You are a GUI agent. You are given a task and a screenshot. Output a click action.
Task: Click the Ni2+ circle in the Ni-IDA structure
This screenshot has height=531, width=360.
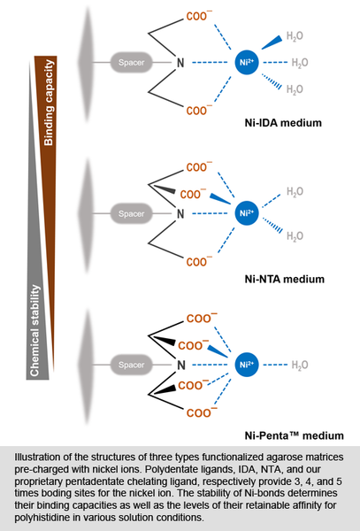(x=247, y=62)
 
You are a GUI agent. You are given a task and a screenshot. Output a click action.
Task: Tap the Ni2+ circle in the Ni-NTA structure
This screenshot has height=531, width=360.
(x=247, y=213)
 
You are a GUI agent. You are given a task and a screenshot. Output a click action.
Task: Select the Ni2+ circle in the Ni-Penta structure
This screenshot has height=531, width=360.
(x=247, y=365)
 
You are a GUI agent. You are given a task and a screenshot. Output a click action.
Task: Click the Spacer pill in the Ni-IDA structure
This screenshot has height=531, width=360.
(x=131, y=62)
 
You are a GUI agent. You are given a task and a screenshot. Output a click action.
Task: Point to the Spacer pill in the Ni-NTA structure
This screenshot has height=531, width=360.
(x=131, y=213)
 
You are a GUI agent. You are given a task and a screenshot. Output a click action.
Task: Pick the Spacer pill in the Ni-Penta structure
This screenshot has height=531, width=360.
(x=131, y=365)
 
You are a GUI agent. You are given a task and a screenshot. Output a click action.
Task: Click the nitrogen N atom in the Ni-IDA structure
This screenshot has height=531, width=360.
(x=180, y=63)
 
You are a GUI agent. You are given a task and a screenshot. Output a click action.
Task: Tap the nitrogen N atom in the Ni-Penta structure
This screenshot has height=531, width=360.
(x=181, y=365)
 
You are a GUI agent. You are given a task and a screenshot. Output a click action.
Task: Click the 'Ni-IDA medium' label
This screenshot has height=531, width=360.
(x=283, y=123)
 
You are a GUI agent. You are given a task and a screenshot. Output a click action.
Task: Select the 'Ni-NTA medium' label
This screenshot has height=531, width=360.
(x=285, y=279)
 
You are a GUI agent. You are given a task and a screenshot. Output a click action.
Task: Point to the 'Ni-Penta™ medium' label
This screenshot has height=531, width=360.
(x=294, y=435)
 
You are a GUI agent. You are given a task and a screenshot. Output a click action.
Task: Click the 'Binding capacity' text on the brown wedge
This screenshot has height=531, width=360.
(x=49, y=103)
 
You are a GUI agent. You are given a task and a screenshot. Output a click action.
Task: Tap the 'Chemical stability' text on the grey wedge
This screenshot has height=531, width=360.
(x=34, y=330)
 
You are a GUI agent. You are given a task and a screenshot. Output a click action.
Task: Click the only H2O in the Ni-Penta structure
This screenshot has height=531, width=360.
(x=300, y=365)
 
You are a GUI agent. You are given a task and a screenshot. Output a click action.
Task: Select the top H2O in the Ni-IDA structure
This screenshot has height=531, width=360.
(x=295, y=36)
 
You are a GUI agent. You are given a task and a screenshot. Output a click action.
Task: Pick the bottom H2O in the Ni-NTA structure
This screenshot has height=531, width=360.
(x=295, y=236)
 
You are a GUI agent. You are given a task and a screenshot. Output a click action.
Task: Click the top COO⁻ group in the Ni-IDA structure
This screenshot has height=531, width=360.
(x=199, y=16)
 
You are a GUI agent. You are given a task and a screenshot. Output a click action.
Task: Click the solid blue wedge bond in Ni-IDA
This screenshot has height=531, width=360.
(x=272, y=42)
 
